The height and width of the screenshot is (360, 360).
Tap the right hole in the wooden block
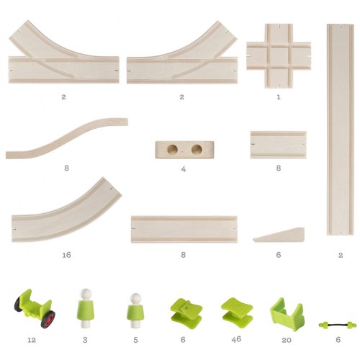click(196, 150)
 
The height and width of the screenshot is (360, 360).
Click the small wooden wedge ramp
click(280, 235)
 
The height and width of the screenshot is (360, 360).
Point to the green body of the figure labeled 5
click(134, 314)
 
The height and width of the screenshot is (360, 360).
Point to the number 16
click(66, 254)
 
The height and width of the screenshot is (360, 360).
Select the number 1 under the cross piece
click(279, 96)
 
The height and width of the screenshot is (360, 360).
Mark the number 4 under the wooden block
click(184, 170)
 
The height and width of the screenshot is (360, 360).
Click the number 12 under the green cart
click(30, 340)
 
